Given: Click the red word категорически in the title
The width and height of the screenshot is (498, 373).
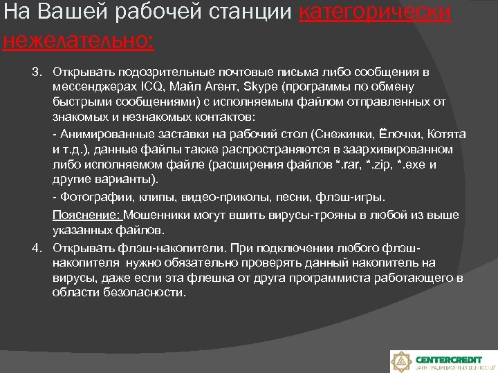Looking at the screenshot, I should (376, 13).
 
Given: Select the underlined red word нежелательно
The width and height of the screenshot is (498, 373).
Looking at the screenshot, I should (77, 40).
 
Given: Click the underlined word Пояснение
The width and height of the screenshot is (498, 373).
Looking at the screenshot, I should (85, 215).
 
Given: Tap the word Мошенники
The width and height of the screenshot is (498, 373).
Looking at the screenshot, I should (156, 215).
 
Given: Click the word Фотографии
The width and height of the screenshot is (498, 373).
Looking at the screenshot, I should (88, 198).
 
